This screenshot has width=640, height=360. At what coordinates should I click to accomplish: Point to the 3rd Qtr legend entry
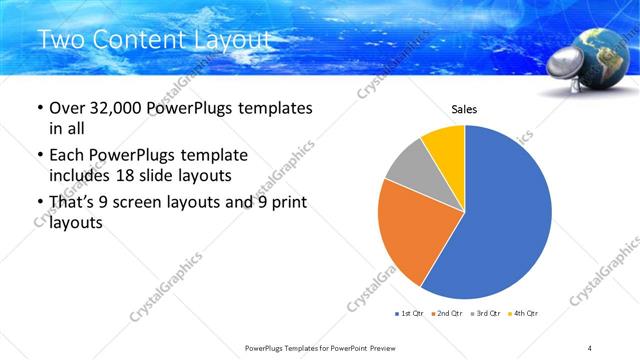[x=485, y=314]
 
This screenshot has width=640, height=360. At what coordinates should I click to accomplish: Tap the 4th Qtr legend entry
[x=523, y=314]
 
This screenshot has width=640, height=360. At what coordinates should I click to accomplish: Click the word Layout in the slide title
[x=232, y=41]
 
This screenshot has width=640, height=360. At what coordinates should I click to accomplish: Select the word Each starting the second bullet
[x=66, y=156]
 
